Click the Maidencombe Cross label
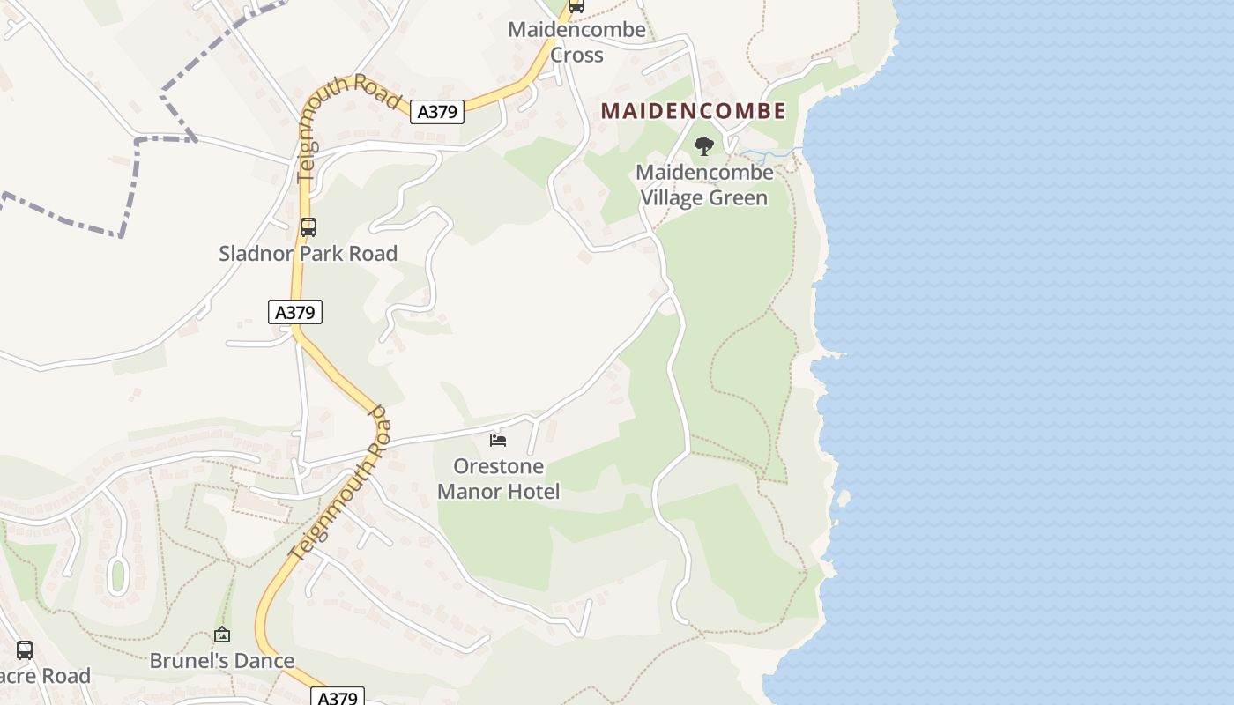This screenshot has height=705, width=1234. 576,42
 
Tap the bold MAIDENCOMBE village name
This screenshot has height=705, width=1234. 693,111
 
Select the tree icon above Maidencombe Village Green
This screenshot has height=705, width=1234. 703,146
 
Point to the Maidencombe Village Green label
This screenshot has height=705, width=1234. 704,185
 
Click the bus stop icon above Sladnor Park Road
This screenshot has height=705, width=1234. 308,227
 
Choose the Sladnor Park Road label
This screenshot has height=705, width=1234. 308,254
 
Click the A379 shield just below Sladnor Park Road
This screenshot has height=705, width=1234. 295,312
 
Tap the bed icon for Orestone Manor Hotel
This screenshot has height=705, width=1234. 498,440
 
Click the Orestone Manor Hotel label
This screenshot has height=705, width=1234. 498,479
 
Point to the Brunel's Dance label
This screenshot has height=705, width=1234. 222,661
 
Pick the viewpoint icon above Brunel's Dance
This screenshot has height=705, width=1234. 222,634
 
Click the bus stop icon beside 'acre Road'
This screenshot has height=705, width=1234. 25,650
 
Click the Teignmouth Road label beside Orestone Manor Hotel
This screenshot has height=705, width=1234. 340,485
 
